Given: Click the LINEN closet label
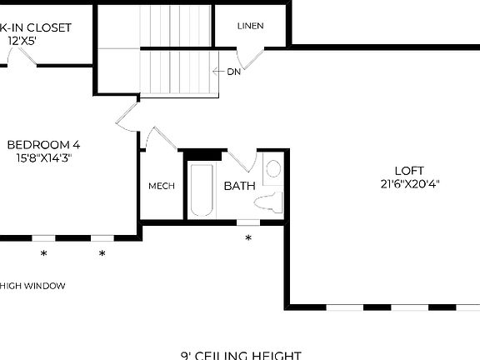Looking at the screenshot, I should click(x=250, y=26).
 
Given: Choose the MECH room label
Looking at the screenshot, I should click(x=161, y=186).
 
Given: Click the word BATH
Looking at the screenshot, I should click(x=239, y=186).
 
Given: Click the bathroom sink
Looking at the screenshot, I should click(x=273, y=170).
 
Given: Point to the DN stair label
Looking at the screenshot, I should click(x=234, y=72).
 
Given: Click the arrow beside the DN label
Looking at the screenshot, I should click(x=218, y=72).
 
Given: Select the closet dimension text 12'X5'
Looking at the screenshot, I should click(x=22, y=39).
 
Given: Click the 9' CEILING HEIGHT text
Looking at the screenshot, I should click(x=240, y=355).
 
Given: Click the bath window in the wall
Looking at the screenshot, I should click(x=248, y=222).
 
